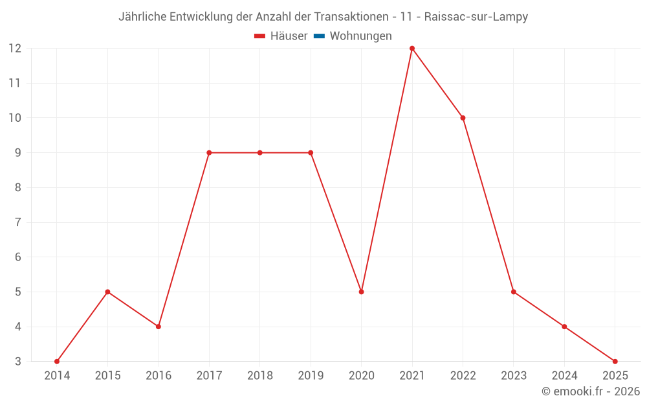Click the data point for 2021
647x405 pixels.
412,49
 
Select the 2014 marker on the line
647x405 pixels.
57,362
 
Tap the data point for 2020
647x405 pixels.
361,292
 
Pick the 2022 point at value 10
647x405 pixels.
463,118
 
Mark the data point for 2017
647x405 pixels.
209,153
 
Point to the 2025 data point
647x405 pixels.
615,362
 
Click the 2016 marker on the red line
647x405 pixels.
159,327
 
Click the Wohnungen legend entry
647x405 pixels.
360,36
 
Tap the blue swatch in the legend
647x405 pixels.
319,36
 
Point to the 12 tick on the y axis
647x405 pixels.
14,49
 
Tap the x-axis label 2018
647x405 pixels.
260,376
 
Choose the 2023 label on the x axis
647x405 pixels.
514,376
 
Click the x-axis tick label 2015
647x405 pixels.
107,376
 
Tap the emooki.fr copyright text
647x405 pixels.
591,391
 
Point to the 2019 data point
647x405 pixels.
311,153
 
